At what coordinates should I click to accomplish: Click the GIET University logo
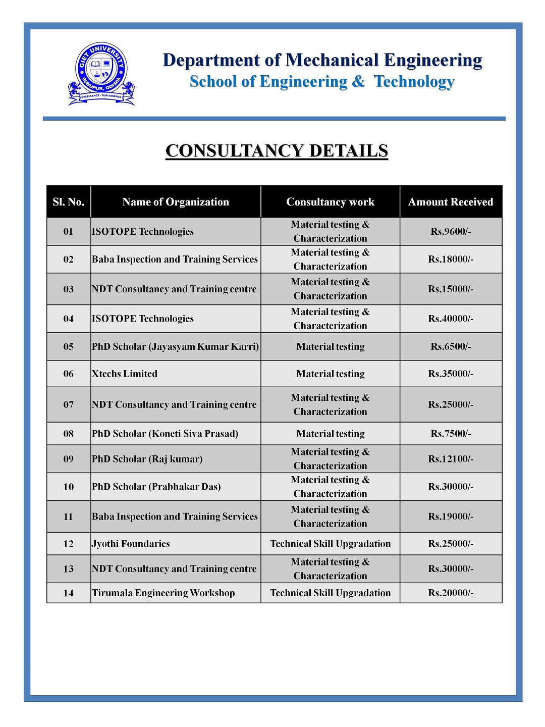(101, 74)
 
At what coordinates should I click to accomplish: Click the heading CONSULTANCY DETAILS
(277, 151)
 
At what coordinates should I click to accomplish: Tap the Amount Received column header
(450, 202)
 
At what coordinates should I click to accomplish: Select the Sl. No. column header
(69, 202)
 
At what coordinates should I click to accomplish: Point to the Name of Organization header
(176, 202)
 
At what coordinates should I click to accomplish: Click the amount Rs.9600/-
(450, 232)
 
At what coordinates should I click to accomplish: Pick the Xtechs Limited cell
(125, 374)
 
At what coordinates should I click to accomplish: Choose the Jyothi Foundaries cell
(131, 544)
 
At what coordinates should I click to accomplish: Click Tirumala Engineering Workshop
(163, 593)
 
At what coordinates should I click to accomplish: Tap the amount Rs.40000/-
(450, 319)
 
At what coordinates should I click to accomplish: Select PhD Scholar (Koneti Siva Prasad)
(165, 434)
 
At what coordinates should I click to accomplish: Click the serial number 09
(69, 459)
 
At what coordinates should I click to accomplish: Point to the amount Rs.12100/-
(450, 459)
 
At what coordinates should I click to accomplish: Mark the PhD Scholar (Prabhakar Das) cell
(156, 487)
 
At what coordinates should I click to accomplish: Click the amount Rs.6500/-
(450, 347)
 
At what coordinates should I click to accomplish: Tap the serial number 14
(69, 593)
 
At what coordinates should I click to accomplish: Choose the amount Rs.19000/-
(450, 517)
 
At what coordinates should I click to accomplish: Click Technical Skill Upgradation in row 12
(330, 544)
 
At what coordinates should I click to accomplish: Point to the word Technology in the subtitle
(414, 82)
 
